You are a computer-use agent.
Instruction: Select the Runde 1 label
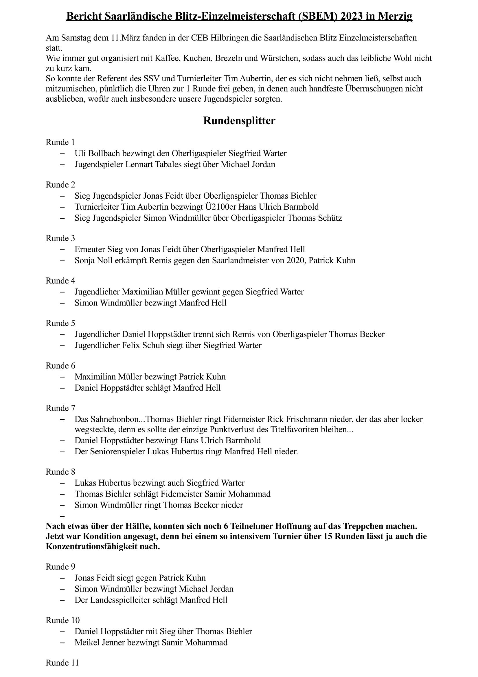pyautogui.click(x=60, y=142)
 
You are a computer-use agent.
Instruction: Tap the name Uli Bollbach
pyautogui.click(x=97, y=153)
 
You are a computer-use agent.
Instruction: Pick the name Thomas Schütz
pyautogui.click(x=315, y=218)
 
